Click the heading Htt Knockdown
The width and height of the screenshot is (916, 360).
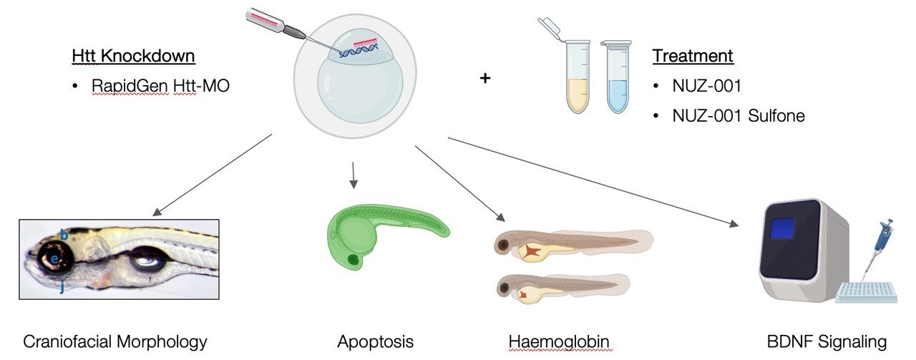133,56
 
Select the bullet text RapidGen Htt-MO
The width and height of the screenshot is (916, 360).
160,86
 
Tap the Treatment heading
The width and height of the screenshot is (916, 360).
693,56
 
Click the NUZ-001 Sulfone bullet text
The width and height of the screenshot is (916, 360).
738,115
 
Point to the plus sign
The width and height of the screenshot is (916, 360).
485,78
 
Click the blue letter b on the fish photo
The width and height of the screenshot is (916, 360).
64,234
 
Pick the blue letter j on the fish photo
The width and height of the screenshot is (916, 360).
62,287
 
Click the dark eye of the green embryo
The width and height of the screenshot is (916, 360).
353,259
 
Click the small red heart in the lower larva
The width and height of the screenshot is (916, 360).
525,293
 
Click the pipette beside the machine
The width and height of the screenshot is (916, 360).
877,247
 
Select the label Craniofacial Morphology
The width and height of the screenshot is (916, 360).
115,341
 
